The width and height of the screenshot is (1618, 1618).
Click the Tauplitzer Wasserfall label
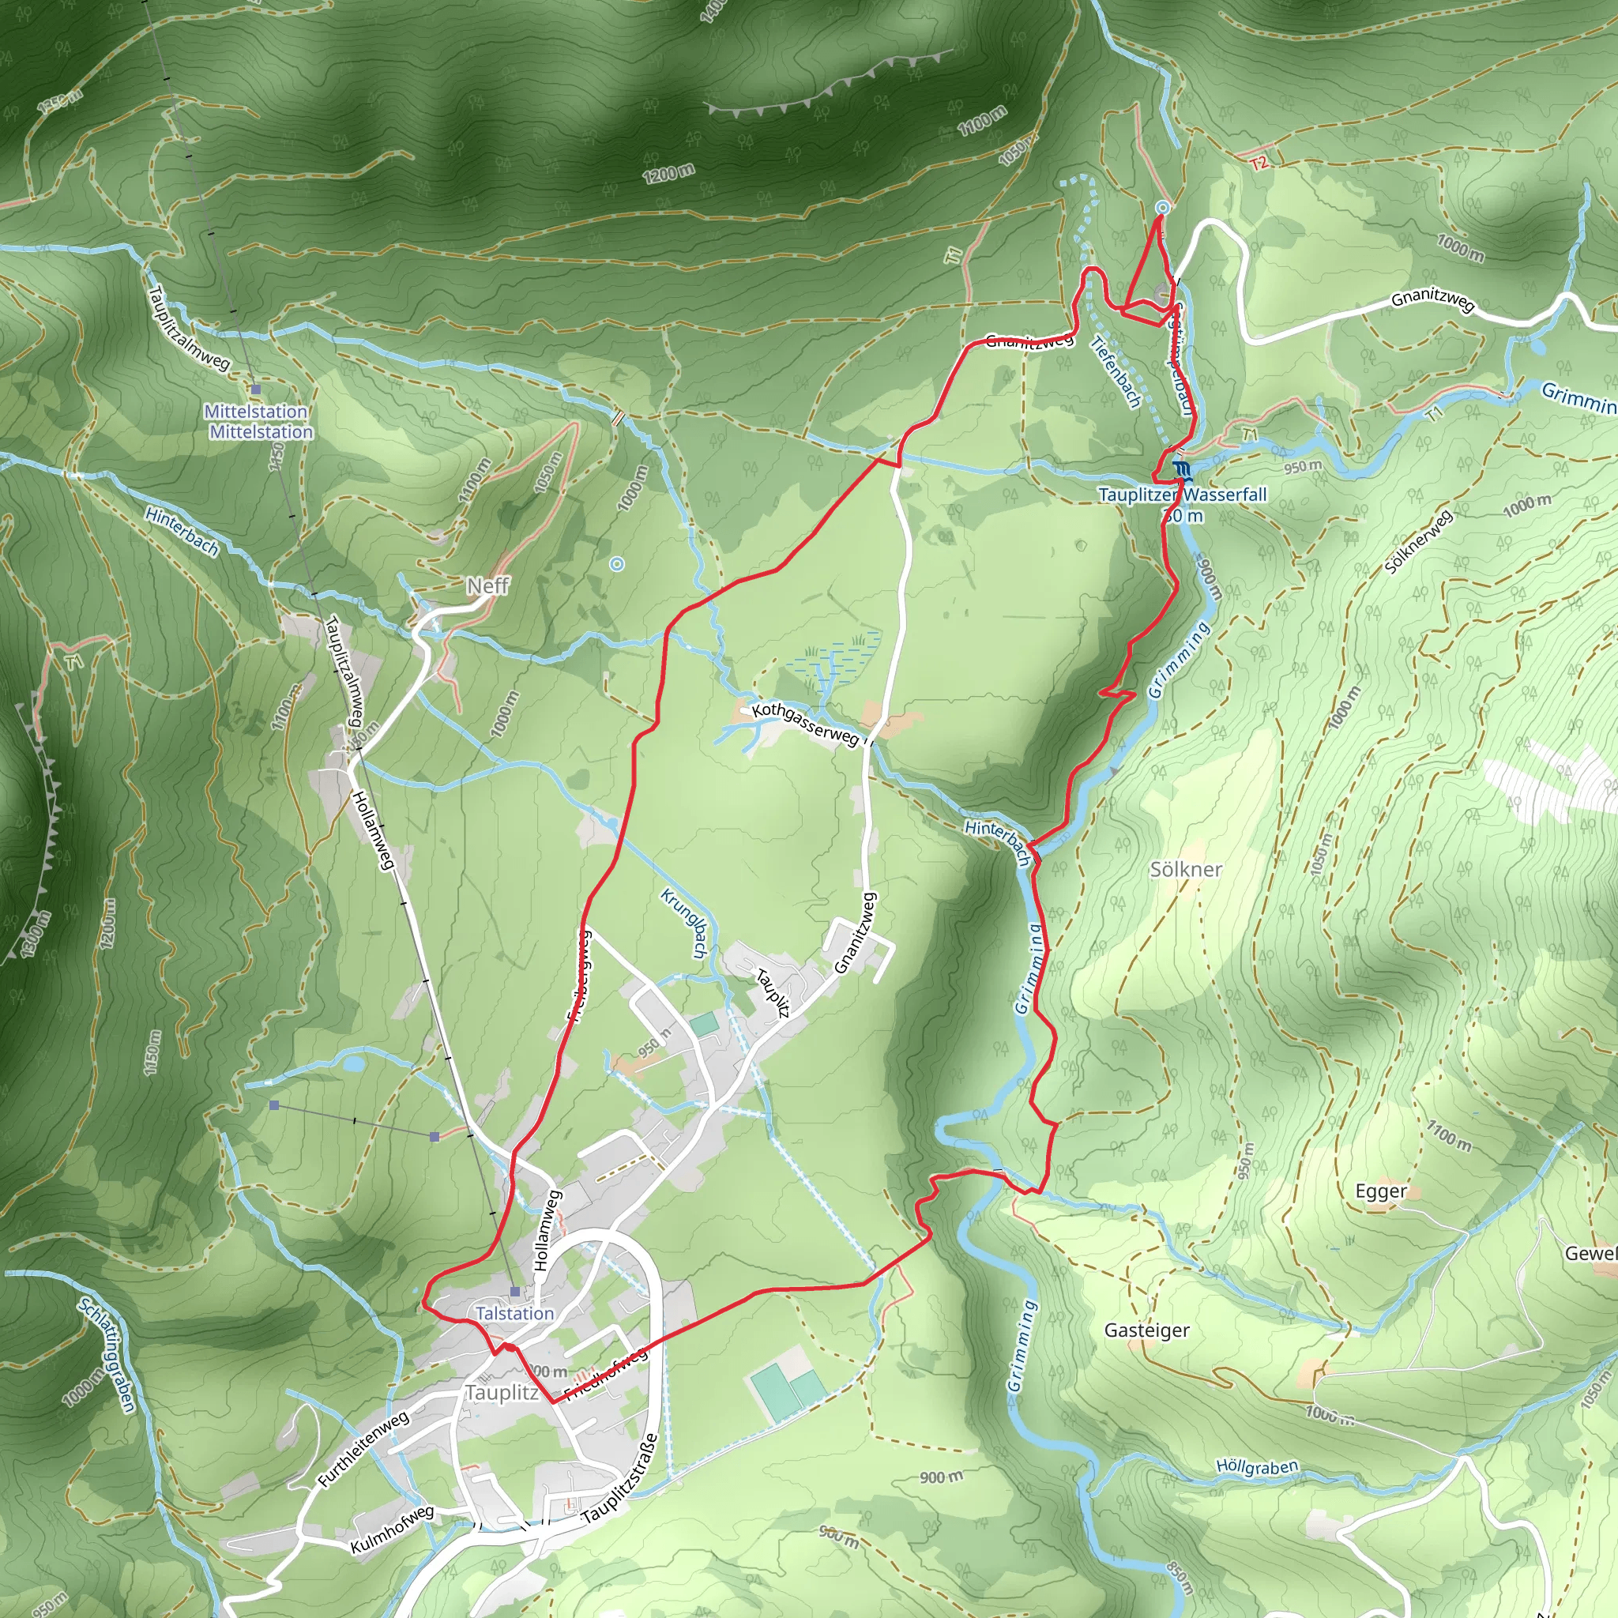point(1182,495)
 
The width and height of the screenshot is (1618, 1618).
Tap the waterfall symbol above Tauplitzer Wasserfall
point(1182,470)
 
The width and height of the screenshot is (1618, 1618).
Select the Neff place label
point(487,585)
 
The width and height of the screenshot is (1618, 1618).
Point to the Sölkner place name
point(1185,869)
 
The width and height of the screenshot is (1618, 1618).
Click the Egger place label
point(1381,1191)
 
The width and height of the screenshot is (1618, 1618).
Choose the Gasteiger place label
point(1146,1330)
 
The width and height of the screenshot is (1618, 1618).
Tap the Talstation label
point(514,1313)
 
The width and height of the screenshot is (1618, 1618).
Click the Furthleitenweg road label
point(363,1449)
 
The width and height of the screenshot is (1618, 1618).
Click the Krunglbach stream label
point(684,923)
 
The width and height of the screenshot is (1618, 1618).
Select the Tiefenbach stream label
point(1116,372)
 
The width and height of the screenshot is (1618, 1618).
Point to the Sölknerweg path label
point(1417,543)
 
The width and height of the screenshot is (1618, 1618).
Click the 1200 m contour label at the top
point(668,174)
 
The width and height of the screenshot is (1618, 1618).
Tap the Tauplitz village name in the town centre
point(502,1393)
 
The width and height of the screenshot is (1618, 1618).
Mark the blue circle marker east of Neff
point(617,563)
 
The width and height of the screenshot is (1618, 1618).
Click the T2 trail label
point(1259,163)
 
